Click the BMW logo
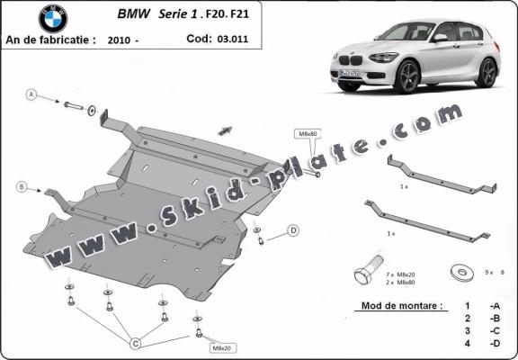coord(53,18)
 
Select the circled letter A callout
coord(31,94)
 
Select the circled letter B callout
coord(21,187)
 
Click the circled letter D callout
coord(293,231)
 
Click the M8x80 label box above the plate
coord(306,134)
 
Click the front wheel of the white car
coord(406,77)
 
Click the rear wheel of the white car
coord(487,72)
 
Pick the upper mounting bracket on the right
coord(441,175)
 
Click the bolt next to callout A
coord(74,106)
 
